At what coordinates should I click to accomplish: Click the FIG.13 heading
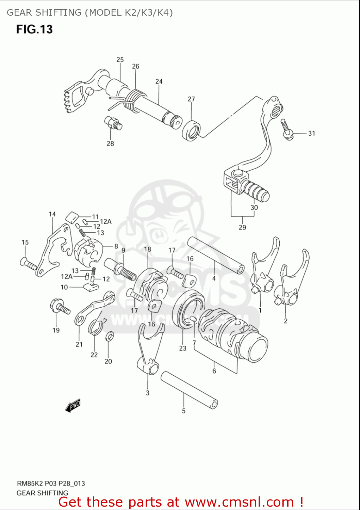click(x=34, y=29)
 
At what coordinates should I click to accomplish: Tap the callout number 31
click(x=311, y=134)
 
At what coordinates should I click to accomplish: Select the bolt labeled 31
click(x=287, y=130)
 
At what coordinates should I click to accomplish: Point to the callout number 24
click(x=159, y=82)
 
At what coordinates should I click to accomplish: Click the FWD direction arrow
click(x=73, y=406)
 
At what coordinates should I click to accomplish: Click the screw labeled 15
click(x=28, y=264)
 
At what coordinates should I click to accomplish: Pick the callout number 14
click(x=52, y=214)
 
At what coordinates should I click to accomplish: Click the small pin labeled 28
click(x=113, y=123)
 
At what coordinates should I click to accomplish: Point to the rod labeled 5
click(x=189, y=389)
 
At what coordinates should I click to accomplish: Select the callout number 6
click(x=214, y=371)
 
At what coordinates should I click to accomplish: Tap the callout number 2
click(x=285, y=321)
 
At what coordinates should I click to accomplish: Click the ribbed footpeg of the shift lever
click(x=255, y=191)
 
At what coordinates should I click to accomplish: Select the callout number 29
click(x=242, y=227)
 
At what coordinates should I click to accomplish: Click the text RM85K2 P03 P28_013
click(x=51, y=483)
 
